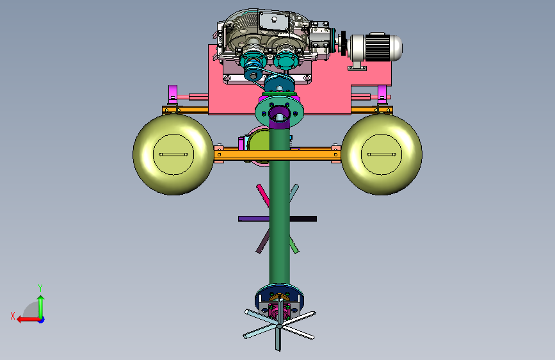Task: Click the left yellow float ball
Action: [173, 154]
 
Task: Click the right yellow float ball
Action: [382, 154]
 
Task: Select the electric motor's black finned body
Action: [377, 47]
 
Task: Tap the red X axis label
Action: [13, 316]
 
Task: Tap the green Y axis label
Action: [40, 288]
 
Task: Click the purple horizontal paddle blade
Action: [253, 219]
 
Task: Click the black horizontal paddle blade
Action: [303, 219]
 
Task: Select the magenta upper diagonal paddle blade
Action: [263, 195]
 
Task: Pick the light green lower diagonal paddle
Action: [294, 245]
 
